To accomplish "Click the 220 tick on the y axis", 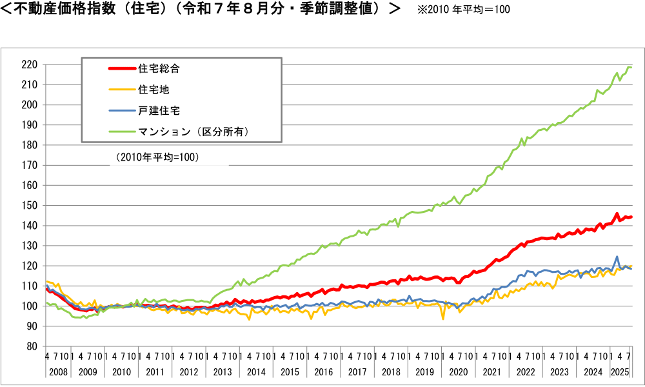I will (x=29, y=64).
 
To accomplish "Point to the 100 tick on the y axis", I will (x=29, y=306).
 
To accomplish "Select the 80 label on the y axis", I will (x=32, y=346).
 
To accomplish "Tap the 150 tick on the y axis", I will (x=29, y=206).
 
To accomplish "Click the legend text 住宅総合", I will (x=159, y=68).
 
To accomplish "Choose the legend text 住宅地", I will (x=154, y=89).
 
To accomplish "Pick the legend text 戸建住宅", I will (x=159, y=110).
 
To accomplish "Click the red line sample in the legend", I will (x=121, y=68).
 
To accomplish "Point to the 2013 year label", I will (x=222, y=372).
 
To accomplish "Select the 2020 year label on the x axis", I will (x=458, y=372).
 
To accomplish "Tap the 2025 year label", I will (x=621, y=372).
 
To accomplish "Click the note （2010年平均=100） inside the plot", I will (x=157, y=157).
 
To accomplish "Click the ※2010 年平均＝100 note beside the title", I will (x=455, y=10).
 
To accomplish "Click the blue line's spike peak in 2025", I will (x=617, y=257).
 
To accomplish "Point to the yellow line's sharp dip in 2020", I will (x=443, y=319).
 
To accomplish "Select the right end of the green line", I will (x=631, y=68).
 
